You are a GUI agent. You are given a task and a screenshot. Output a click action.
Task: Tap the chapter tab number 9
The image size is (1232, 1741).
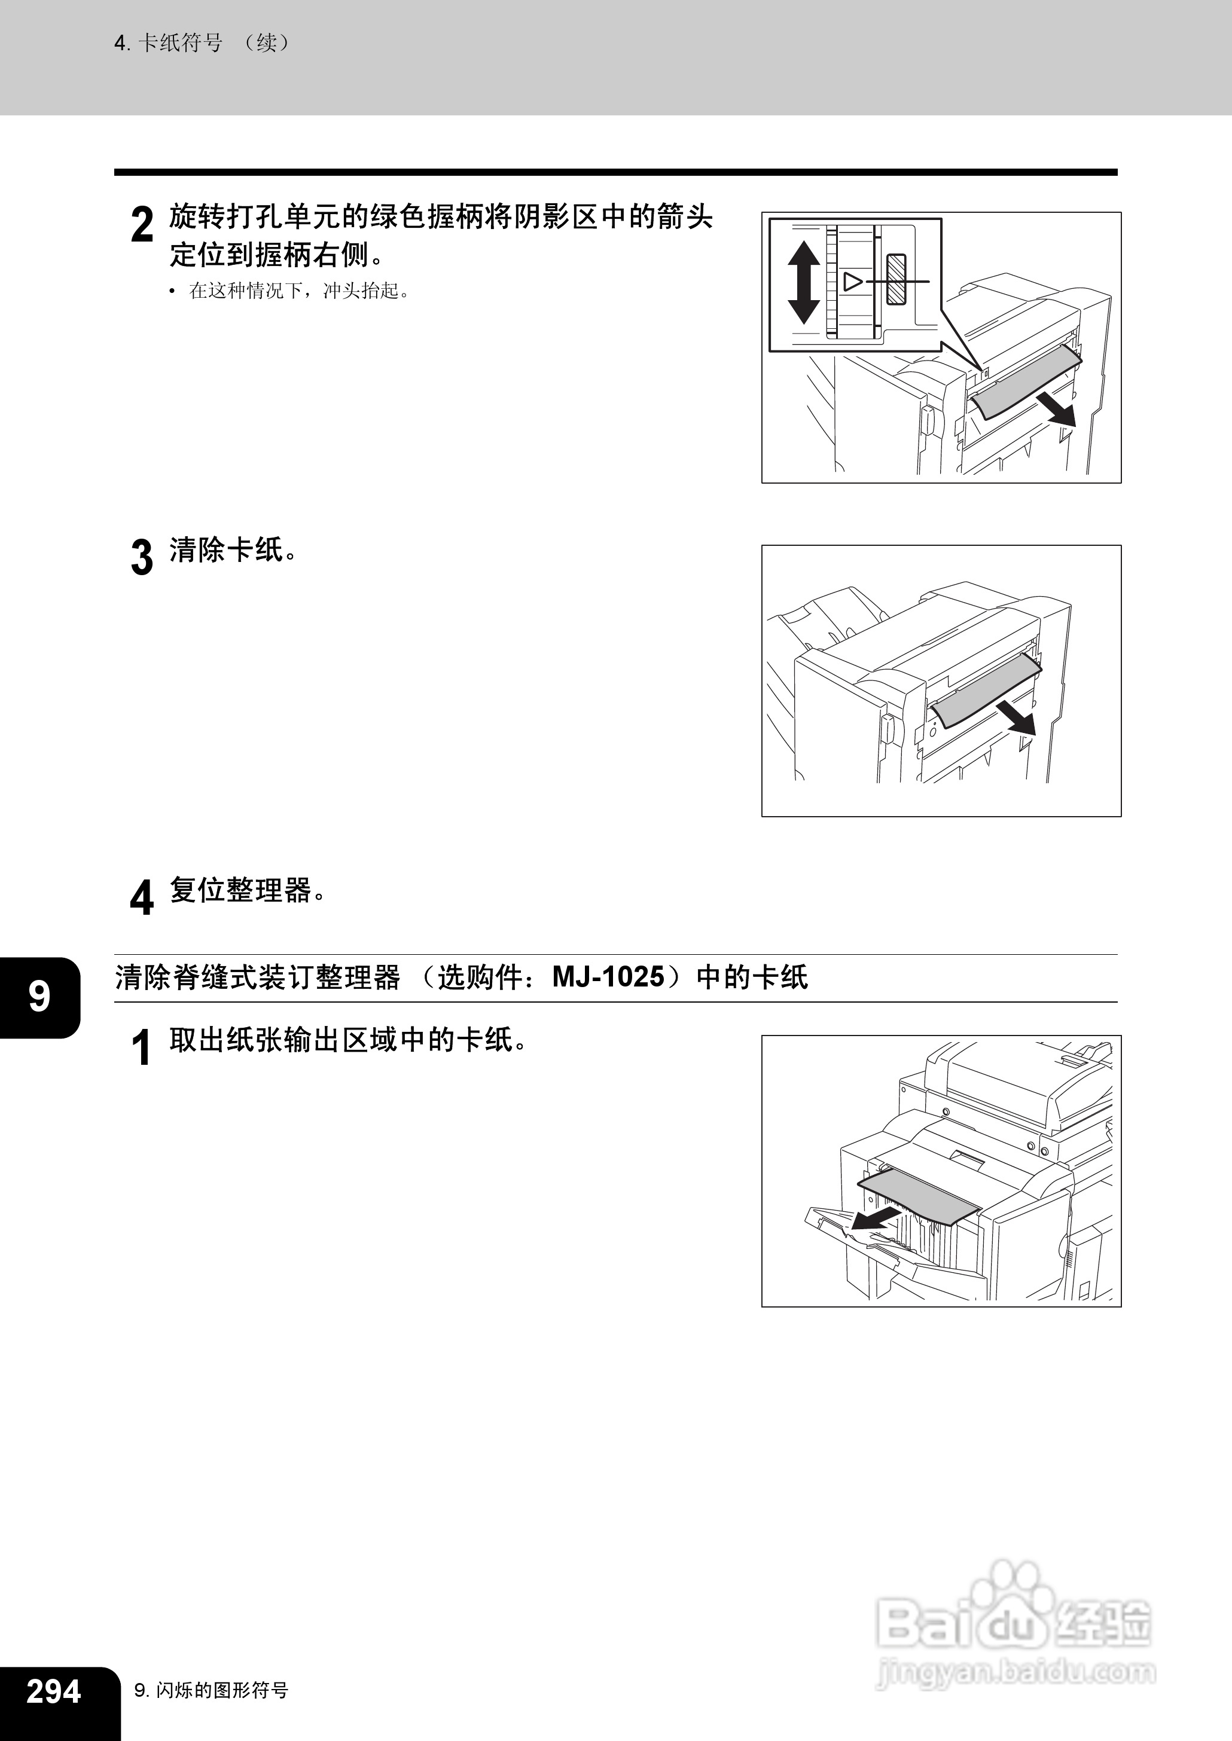tap(39, 997)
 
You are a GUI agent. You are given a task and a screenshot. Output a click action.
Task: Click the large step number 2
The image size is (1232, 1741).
tap(142, 225)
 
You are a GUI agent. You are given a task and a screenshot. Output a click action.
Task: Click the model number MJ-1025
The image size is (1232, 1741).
tap(608, 977)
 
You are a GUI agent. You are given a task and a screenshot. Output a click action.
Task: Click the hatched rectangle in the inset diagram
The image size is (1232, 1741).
tap(896, 279)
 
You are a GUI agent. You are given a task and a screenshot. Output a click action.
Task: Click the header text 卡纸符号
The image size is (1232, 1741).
tap(180, 43)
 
